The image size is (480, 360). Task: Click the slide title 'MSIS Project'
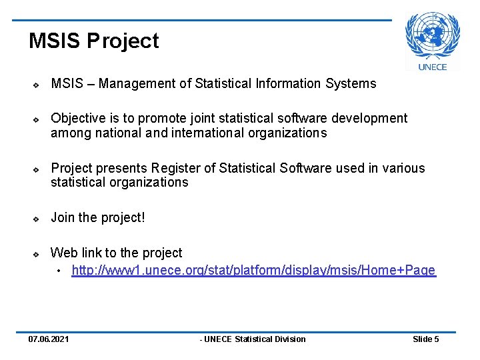click(x=93, y=41)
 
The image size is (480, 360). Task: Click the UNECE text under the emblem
click(x=432, y=66)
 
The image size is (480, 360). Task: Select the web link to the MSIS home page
click(x=253, y=271)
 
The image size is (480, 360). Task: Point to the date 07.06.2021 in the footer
click(x=48, y=339)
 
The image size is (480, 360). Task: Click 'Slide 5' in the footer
click(x=425, y=339)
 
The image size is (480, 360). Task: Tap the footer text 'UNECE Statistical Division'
click(x=253, y=339)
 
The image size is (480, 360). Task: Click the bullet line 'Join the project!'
click(x=98, y=217)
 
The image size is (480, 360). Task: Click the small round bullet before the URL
click(x=59, y=271)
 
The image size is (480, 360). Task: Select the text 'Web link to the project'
click(x=117, y=253)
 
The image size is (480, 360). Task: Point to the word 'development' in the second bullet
click(x=372, y=119)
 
